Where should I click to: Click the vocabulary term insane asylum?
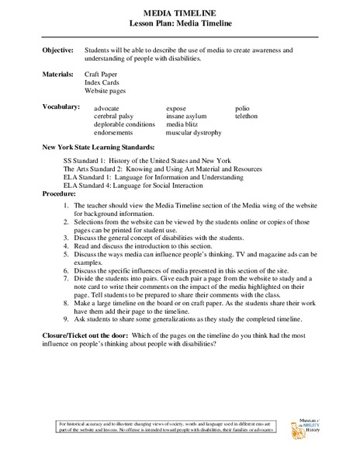pyautogui.click(x=187, y=116)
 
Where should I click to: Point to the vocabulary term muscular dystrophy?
pyautogui.click(x=194, y=133)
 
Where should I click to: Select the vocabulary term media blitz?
pyautogui.click(x=183, y=124)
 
